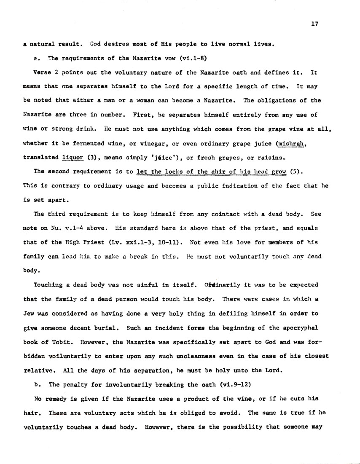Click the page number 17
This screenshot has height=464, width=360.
314,24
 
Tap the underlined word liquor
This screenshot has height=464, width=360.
72,158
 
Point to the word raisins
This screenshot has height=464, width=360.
264,158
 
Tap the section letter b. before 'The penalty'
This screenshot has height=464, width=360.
36,384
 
